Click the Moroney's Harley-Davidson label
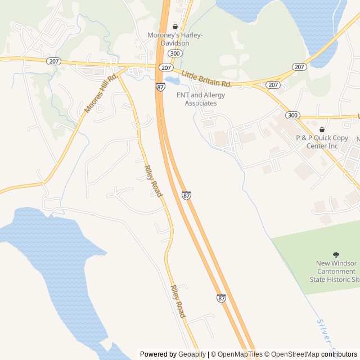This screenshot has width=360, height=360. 175,39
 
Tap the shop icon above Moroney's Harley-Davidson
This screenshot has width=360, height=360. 175,26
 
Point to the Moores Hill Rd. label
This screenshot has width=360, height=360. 100,93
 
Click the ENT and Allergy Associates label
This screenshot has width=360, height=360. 201,99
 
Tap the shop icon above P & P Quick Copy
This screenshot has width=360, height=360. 322,129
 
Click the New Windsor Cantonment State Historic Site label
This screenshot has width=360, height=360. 336,271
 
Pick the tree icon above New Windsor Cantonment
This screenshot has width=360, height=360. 336,255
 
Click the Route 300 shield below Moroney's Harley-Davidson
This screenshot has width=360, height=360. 175,53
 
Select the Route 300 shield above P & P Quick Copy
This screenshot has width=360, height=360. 292,115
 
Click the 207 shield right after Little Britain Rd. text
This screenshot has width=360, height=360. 273,85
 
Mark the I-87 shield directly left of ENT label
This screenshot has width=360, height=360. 161,87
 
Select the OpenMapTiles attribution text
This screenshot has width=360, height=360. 240,354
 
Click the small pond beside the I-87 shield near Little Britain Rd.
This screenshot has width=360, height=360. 173,80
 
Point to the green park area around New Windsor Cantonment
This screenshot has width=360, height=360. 315,253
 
